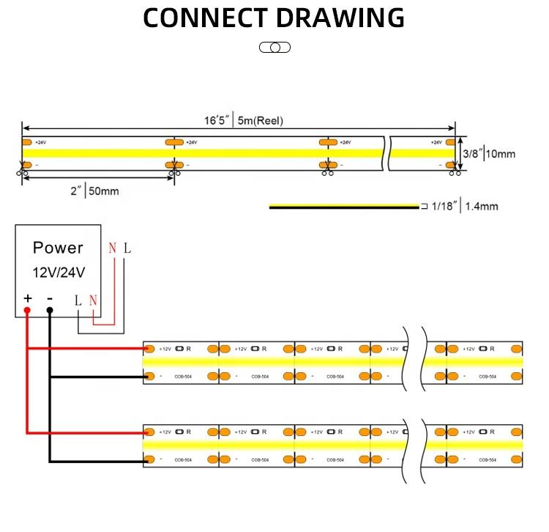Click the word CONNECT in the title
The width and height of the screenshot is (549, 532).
click(x=206, y=18)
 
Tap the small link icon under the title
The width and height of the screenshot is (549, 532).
click(x=274, y=48)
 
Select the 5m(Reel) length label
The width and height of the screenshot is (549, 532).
click(x=260, y=121)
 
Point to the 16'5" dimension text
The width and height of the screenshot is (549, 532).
click(x=217, y=120)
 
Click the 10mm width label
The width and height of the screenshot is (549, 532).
click(x=501, y=154)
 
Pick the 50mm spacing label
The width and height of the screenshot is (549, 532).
click(x=103, y=192)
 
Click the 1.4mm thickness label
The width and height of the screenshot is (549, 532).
click(x=481, y=207)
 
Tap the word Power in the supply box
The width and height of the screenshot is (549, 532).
click(x=58, y=248)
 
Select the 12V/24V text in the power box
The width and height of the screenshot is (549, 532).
click(x=58, y=273)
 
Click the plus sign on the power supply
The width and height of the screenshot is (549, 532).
click(x=28, y=298)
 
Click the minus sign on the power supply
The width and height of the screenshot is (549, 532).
click(x=50, y=298)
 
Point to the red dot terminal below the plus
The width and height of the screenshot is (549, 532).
click(x=27, y=311)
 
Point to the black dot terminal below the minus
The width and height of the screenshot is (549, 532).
click(x=50, y=311)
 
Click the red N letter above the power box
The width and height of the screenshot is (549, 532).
click(x=112, y=248)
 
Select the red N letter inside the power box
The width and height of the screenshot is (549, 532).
click(x=93, y=300)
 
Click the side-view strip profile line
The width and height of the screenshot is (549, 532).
click(x=344, y=207)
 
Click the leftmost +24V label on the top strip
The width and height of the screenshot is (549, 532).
click(x=40, y=142)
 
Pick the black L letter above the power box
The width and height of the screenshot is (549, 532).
click(x=127, y=248)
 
